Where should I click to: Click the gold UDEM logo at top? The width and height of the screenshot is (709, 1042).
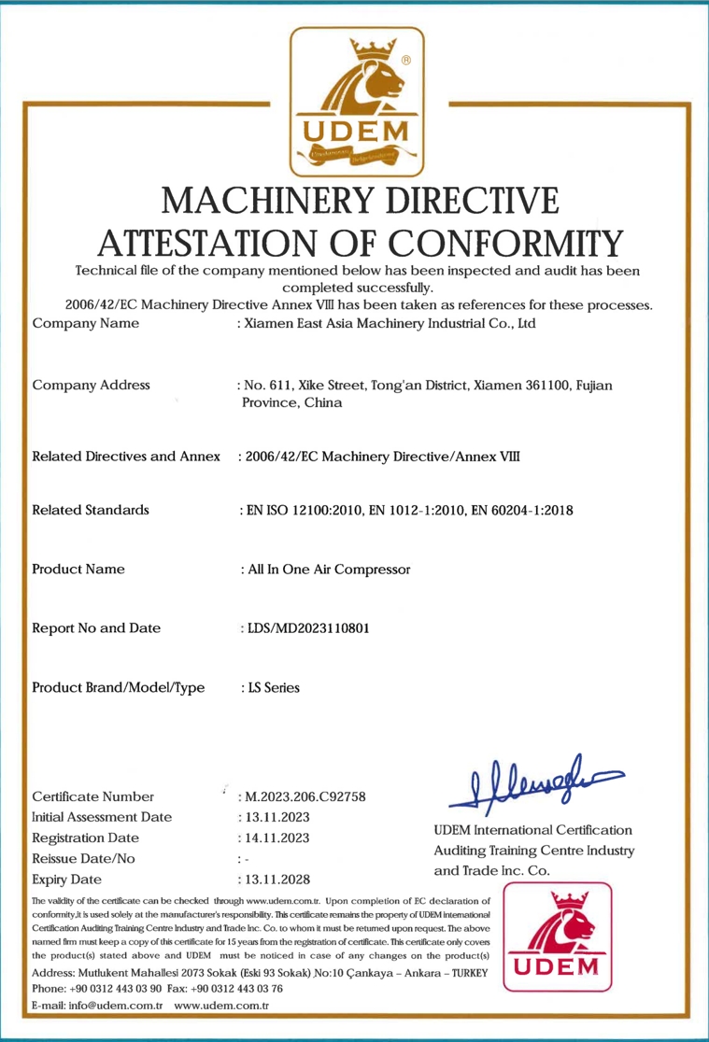(357, 102)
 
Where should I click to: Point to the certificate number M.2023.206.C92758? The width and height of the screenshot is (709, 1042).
(303, 796)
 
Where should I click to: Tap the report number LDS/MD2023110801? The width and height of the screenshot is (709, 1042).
(305, 627)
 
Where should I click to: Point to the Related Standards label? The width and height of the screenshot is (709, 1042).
(91, 510)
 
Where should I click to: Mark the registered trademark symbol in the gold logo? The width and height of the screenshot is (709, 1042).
(406, 61)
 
